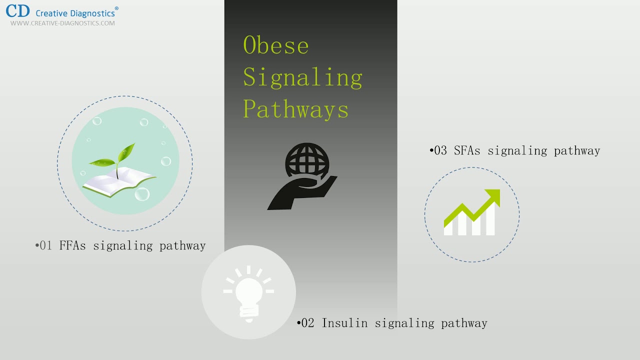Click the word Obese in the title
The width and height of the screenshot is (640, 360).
coord(275,45)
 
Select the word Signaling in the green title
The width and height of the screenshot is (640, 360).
coord(302,77)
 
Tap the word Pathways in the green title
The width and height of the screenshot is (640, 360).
coord(295,109)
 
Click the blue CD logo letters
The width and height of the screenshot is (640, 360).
coord(18,11)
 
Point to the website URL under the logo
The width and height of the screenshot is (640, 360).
coord(62,23)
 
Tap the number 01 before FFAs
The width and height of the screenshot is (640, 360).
coord(46,245)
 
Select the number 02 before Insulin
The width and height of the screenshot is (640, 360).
coord(308,323)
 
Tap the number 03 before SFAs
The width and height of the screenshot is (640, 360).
coord(440,150)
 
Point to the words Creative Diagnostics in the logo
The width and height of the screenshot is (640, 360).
coord(76,12)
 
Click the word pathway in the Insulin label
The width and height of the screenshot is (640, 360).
coord(464,323)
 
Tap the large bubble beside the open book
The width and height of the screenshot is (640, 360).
coord(142,193)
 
